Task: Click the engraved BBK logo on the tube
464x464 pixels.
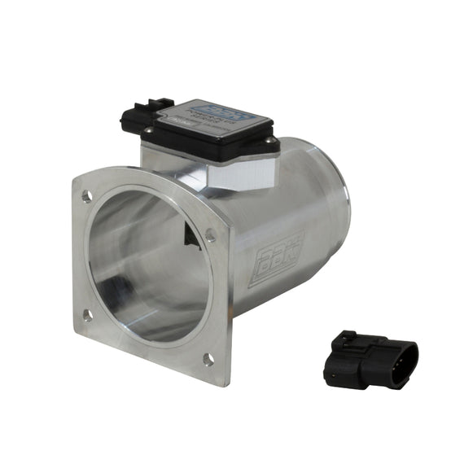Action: coord(274,260)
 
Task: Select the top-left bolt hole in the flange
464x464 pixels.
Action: coord(86,196)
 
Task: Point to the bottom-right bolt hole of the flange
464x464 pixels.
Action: coord(208,358)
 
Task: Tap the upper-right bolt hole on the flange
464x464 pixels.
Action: coord(211,234)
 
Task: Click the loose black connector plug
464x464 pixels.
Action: coord(370,360)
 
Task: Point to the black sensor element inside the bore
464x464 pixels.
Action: coord(190,236)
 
